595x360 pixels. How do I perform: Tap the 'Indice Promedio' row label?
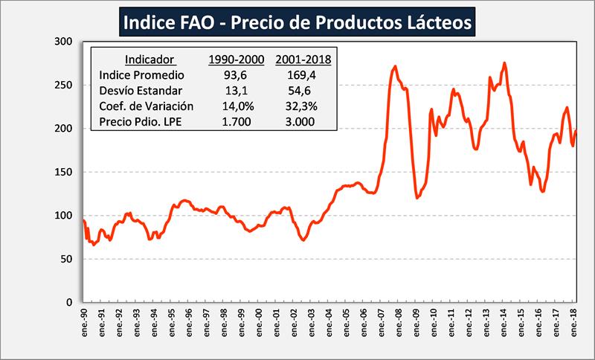tap(141, 75)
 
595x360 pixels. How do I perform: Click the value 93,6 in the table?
tap(232, 75)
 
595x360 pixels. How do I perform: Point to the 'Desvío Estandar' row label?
tap(141, 91)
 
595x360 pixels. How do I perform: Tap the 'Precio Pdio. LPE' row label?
tap(142, 122)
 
